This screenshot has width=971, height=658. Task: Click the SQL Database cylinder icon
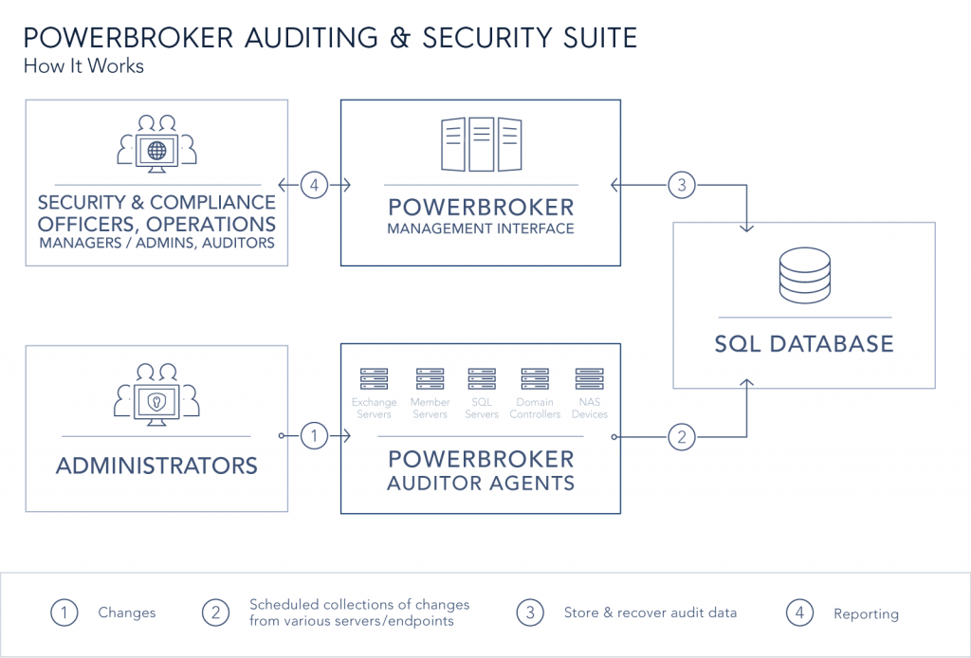click(x=804, y=276)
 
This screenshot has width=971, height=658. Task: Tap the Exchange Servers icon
click(x=375, y=380)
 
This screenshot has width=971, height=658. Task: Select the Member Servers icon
click(x=430, y=380)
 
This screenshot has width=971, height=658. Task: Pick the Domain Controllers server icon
click(x=535, y=380)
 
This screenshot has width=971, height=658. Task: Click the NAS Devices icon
click(x=589, y=380)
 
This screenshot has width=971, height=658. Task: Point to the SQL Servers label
click(x=482, y=409)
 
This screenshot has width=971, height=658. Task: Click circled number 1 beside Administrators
click(x=314, y=436)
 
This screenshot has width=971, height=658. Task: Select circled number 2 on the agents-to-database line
click(x=680, y=437)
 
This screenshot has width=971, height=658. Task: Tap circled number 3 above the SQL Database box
click(x=681, y=185)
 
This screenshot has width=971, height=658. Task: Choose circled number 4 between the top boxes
click(x=314, y=185)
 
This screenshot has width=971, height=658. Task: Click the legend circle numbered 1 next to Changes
click(x=64, y=612)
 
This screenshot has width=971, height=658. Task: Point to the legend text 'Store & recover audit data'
click(x=650, y=612)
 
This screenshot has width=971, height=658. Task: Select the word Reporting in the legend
click(x=866, y=613)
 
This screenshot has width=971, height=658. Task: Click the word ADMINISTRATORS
click(x=156, y=466)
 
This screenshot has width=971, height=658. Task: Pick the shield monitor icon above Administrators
click(x=156, y=399)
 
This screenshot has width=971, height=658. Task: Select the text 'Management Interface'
click(x=481, y=228)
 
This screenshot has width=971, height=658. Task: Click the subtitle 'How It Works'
click(x=83, y=66)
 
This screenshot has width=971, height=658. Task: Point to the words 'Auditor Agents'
click(x=481, y=484)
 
